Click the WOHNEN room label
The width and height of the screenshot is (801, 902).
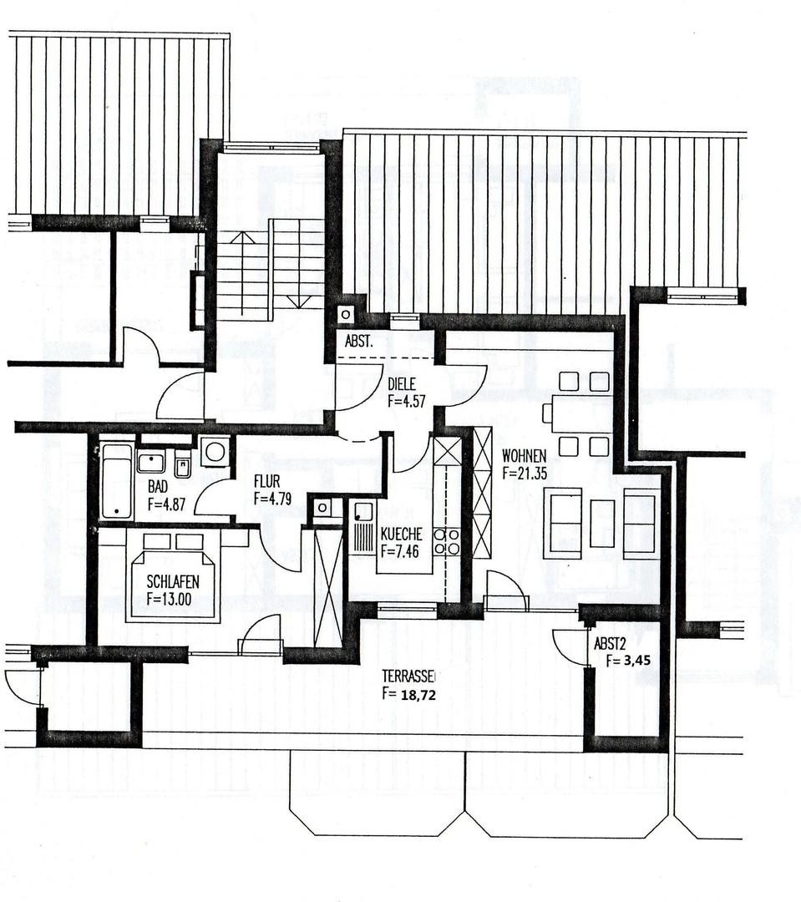tap(524, 456)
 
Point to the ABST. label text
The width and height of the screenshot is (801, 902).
tap(359, 342)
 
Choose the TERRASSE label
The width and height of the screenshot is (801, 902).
tap(410, 676)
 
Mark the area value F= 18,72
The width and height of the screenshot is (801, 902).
tap(409, 693)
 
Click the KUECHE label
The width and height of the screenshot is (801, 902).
tap(401, 535)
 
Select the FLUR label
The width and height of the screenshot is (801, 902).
tap(267, 482)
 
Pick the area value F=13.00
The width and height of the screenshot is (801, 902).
tap(173, 598)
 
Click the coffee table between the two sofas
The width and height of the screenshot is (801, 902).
tap(601, 523)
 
